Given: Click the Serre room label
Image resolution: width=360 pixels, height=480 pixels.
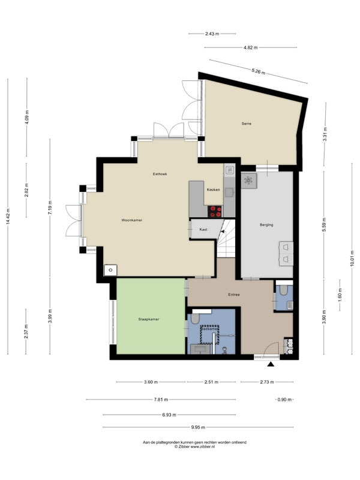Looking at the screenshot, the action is (x=247, y=124).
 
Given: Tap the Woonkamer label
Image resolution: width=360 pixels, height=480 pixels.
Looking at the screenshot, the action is (x=131, y=220).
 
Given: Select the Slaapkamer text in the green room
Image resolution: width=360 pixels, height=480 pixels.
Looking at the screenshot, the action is (x=149, y=319).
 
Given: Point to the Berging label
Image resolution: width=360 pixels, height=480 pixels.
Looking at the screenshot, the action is (x=266, y=224).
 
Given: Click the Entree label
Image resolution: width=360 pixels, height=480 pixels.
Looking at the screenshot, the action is (x=234, y=295).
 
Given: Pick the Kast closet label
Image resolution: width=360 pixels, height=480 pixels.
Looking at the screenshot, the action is (x=203, y=229).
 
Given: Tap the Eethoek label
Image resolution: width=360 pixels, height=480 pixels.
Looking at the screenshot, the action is (x=160, y=174).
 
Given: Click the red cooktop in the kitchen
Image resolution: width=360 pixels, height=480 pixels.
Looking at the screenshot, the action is (x=215, y=211).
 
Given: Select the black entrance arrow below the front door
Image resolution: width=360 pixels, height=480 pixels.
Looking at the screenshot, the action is (x=271, y=364).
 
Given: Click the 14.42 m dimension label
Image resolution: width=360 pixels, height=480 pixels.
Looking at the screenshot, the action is (x=8, y=217).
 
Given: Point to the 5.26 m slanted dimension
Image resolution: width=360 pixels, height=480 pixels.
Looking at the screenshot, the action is (x=259, y=71).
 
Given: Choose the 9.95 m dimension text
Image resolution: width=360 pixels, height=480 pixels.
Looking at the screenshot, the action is (x=198, y=427).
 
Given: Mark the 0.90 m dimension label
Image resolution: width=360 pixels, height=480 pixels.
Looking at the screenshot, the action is (x=284, y=400).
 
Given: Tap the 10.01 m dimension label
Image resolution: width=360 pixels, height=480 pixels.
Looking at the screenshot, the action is (x=352, y=259).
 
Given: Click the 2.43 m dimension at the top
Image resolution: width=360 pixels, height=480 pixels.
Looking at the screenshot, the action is (x=212, y=34).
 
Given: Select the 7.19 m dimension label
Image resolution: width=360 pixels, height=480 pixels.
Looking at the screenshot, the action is (x=50, y=208).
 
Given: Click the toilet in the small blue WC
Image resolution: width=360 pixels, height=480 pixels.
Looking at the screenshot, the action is (x=283, y=290).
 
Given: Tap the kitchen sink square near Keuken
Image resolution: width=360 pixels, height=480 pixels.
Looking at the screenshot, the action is (x=229, y=193).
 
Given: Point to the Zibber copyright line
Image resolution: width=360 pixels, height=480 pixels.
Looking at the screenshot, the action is (x=194, y=446).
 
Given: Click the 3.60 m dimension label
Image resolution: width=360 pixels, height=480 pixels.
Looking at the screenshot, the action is (x=151, y=382).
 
